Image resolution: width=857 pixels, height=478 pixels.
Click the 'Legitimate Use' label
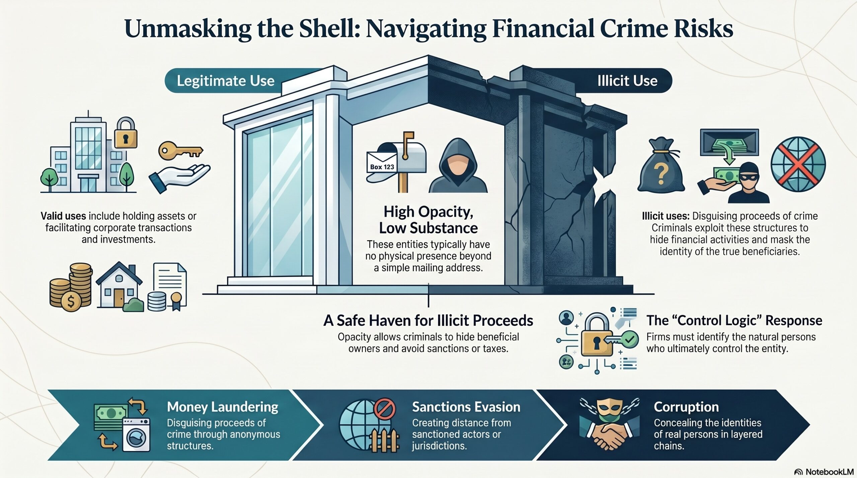225,81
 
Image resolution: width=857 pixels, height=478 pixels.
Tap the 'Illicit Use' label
627,81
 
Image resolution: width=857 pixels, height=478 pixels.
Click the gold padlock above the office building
126,133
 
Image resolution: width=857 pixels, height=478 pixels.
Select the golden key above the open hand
180,152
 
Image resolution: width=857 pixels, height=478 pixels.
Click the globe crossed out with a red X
798,164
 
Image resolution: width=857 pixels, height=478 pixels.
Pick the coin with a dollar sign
71,302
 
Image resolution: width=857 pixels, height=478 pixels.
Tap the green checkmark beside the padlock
630,340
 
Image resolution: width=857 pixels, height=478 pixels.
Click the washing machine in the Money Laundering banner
136,435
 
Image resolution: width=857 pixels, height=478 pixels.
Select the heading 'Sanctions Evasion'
466,407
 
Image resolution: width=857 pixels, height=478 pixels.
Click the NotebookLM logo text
830,472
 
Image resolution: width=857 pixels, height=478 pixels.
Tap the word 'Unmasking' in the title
188,29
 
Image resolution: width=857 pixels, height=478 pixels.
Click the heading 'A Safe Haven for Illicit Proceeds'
428,320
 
